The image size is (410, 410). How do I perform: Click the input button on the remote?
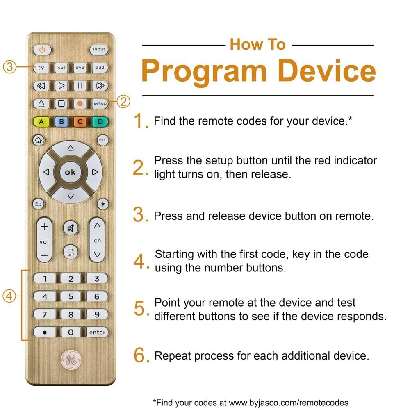tap(99, 49)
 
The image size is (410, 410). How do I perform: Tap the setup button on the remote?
tap(100, 103)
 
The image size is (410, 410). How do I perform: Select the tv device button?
tap(41, 68)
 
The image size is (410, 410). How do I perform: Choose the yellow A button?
tap(41, 122)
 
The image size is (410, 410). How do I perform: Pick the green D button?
tap(100, 122)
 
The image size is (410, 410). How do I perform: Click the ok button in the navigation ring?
tap(71, 172)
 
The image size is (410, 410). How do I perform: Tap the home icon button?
tap(39, 140)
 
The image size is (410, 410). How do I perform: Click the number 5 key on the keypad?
tap(71, 296)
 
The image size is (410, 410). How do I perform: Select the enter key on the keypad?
tap(97, 333)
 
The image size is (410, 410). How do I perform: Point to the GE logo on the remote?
tap(71, 360)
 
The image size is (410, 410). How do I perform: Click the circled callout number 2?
tap(123, 101)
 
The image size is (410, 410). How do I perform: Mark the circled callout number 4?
tap(9, 296)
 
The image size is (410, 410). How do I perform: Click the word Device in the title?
tap(326, 71)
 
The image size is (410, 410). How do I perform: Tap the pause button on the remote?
tap(80, 86)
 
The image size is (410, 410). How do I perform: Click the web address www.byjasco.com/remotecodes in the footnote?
tap(288, 403)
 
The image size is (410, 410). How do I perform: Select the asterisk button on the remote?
tap(103, 204)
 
